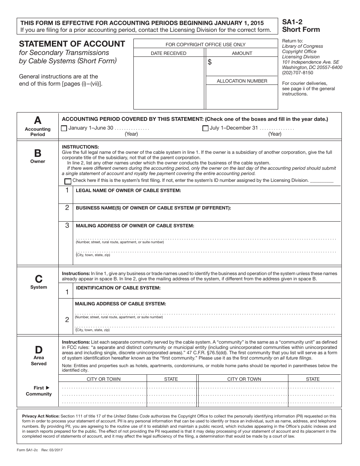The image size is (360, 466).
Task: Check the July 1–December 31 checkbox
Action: [x=205, y=128]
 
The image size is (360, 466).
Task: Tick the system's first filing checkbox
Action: [x=68, y=181]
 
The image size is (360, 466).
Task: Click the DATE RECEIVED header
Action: [x=169, y=53]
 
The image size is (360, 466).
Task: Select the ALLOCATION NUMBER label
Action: [x=242, y=81]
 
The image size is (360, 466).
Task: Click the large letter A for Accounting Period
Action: [x=38, y=120]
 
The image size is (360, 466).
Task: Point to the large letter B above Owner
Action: [x=38, y=153]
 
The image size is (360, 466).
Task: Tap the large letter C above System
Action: [x=39, y=279]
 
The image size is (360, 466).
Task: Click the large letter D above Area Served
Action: [x=39, y=350]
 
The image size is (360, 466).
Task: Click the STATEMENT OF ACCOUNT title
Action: [x=72, y=44]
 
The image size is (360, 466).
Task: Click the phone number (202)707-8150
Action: [x=297, y=73]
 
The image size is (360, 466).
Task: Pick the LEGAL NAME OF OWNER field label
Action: [x=128, y=191]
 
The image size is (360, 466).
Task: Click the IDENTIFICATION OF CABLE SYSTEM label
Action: [x=118, y=288]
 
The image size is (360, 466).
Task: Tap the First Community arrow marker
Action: [x=47, y=388]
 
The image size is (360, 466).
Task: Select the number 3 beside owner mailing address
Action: [x=67, y=225]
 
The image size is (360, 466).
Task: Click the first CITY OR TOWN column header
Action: [x=104, y=379]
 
